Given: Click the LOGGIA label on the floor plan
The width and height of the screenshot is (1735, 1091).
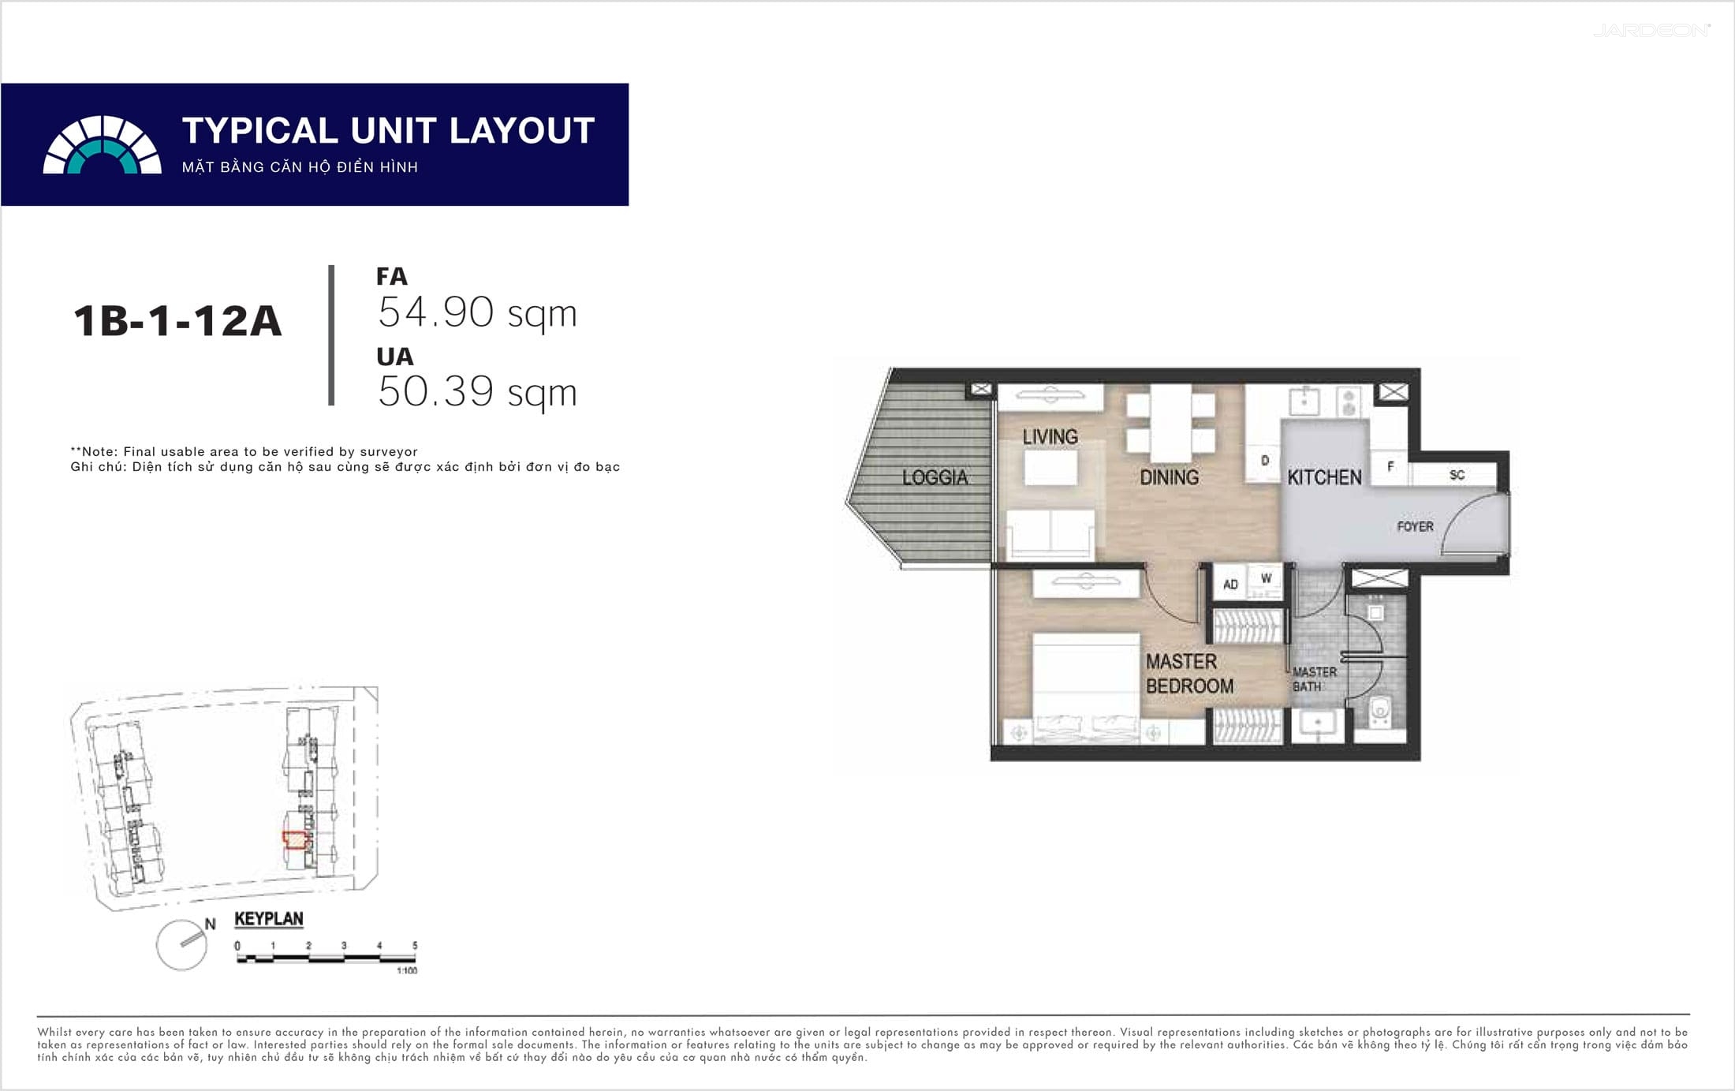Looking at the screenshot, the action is [935, 477].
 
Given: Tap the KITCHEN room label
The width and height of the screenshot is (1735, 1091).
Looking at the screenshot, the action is [1324, 477].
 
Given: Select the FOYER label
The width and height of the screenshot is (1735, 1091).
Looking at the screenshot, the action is [1415, 526].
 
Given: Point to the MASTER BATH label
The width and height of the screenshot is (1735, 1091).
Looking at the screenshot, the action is [1315, 679].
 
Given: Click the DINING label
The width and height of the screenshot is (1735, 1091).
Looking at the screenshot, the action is [1170, 477].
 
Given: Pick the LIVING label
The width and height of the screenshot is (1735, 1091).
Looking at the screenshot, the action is [1050, 437].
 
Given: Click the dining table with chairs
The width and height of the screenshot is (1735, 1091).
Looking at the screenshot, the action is [1170, 424].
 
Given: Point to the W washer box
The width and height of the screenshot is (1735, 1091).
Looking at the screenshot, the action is [1266, 579].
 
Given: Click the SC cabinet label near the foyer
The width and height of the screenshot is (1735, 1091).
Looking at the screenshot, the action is [1457, 475].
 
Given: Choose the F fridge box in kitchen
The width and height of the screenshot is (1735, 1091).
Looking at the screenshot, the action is [1390, 467].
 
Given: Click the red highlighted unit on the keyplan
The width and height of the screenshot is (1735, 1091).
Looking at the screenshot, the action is [295, 840].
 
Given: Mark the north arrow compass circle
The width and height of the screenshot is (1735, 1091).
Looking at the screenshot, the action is [181, 945].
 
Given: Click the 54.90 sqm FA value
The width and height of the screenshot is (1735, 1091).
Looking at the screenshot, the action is [477, 312].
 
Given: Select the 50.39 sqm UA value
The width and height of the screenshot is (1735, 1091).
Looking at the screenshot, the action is [477, 392].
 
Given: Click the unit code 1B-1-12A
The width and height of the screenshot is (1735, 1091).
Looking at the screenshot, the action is [177, 322].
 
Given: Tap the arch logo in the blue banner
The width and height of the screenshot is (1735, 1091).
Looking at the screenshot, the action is [103, 145].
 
